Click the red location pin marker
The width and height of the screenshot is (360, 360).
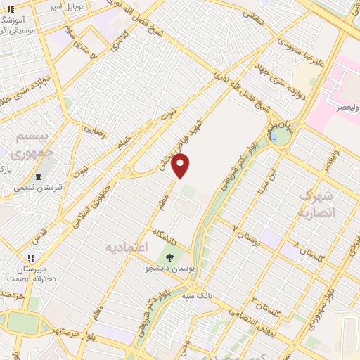pyautogui.click(x=181, y=166)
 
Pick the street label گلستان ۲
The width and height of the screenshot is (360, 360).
pyautogui.click(x=263, y=305)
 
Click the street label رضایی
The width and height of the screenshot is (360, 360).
pyautogui.click(x=96, y=129)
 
